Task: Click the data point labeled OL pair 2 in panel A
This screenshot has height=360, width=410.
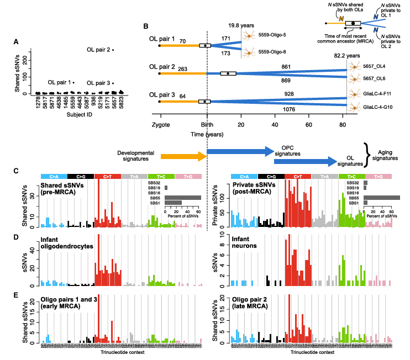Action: point(113,50)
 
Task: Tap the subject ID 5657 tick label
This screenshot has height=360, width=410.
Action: point(114,104)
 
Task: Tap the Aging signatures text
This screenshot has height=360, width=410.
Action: point(385,154)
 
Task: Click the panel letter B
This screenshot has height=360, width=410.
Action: point(146,26)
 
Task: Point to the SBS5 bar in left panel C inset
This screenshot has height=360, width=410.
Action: point(183,197)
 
